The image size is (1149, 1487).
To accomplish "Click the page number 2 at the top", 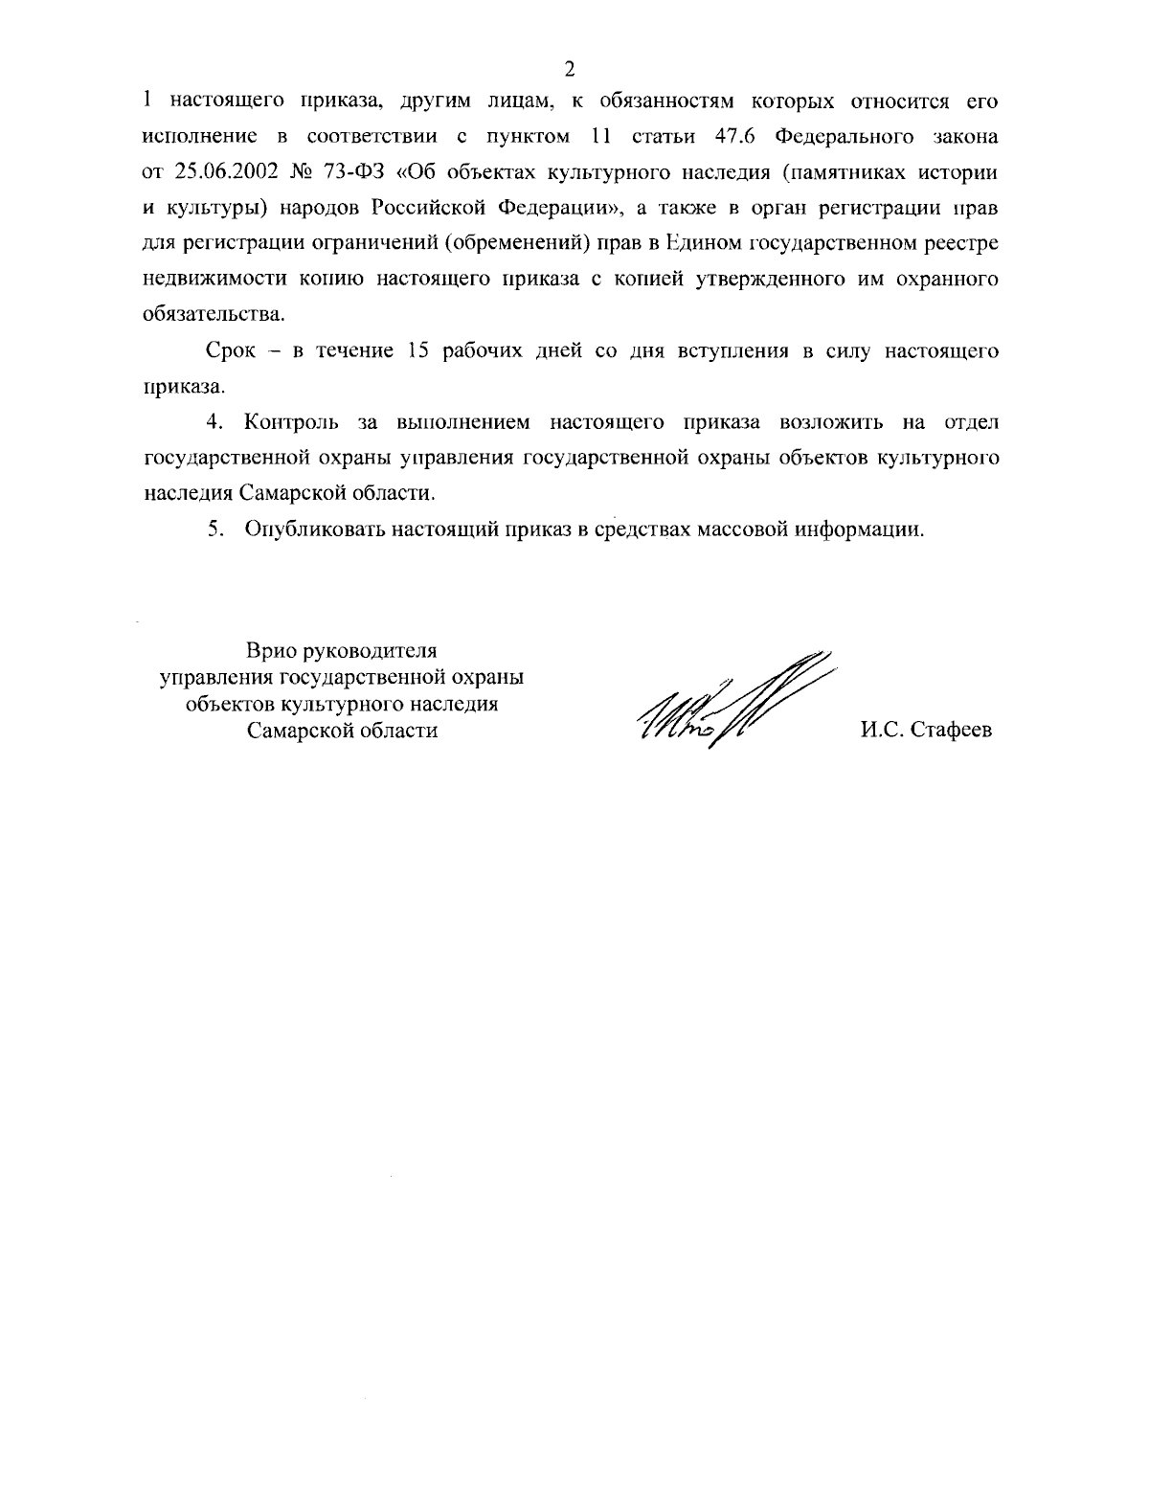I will pos(570,68).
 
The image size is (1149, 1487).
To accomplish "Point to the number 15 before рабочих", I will pos(420,351).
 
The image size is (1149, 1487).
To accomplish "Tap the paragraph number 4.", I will pos(214,422).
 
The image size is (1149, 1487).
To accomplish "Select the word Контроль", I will pos(289,422).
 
